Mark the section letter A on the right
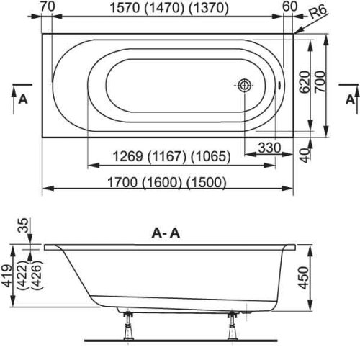348,99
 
